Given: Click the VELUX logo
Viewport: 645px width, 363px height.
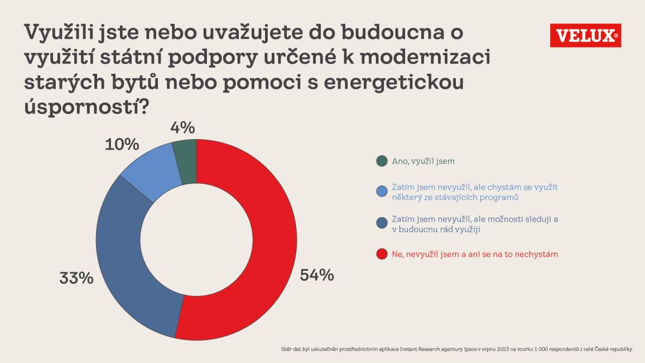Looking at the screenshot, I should point(585,35).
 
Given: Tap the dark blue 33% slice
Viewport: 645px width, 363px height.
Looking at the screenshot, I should point(120,251).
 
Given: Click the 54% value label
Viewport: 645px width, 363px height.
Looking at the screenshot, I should point(317,275).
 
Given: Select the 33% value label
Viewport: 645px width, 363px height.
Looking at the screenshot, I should point(76,278).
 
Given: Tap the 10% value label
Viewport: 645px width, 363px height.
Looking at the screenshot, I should point(122,145).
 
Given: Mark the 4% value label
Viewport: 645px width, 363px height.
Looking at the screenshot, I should point(183,128).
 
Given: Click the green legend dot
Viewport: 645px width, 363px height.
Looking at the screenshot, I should point(382,161).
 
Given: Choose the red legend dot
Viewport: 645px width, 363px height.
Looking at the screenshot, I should point(382,254).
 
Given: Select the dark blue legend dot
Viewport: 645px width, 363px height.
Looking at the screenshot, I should point(382,223).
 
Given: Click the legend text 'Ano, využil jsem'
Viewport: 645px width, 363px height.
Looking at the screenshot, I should point(423,161).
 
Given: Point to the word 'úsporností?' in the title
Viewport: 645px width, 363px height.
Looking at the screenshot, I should point(86,107).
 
